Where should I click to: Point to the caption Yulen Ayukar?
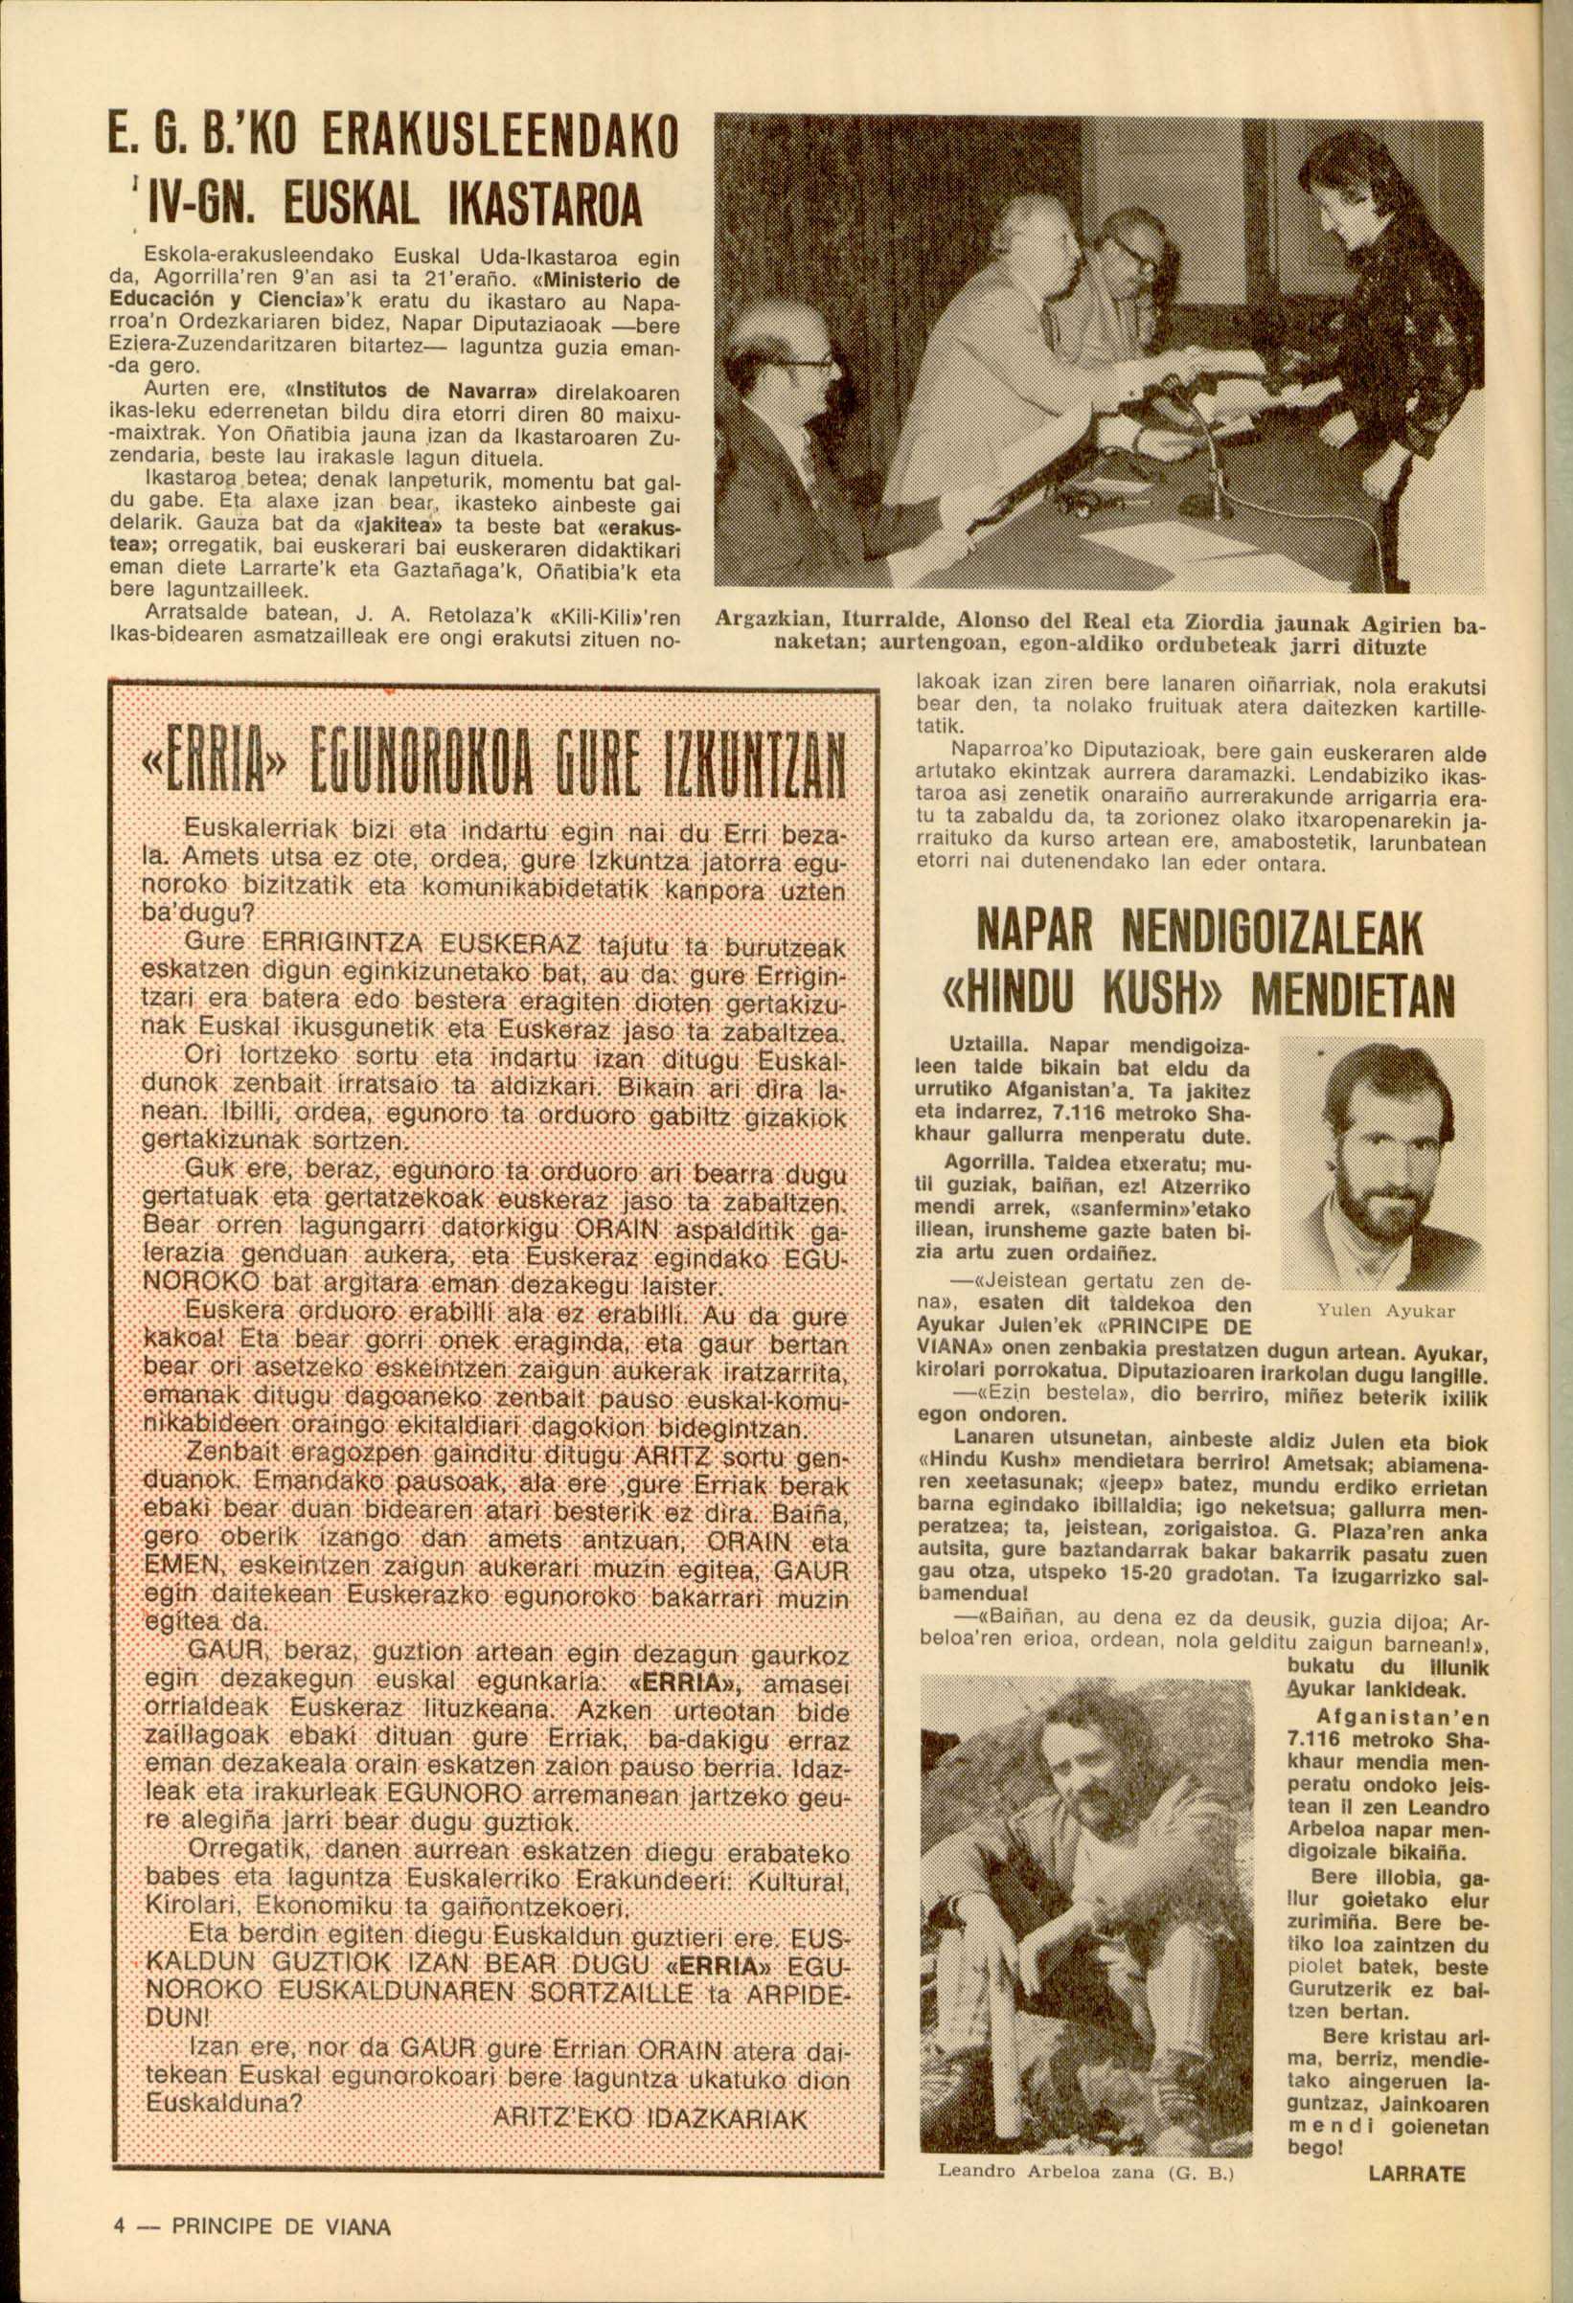pos(1385,1311)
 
